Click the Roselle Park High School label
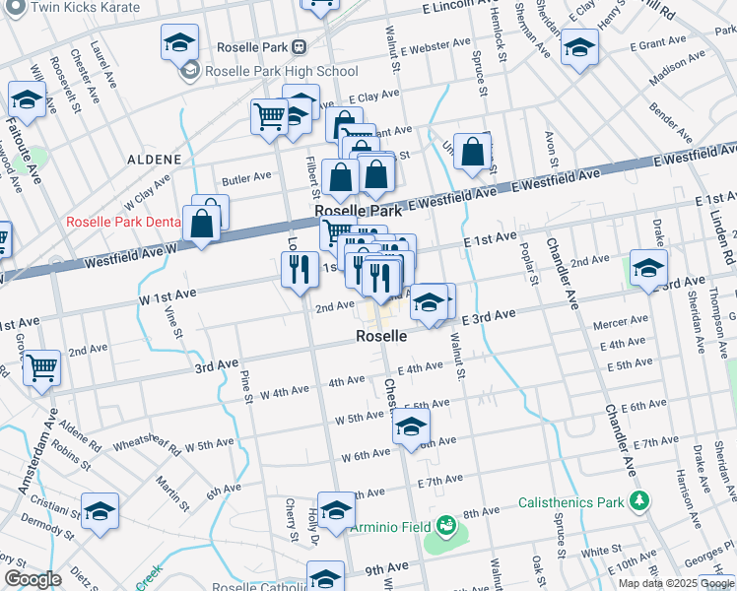coord(282,71)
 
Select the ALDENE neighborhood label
coord(154,159)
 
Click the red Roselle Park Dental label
coord(123,222)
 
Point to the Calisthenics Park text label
coord(570,501)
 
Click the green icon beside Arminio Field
coord(444,524)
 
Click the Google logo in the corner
coord(33,579)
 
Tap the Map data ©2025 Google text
coord(677,583)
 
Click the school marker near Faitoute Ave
coord(27,99)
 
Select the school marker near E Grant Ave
coord(579,46)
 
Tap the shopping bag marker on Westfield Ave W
coord(202,223)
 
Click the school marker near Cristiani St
coord(100,512)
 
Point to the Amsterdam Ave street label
coord(35,453)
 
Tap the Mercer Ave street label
coord(620,321)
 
